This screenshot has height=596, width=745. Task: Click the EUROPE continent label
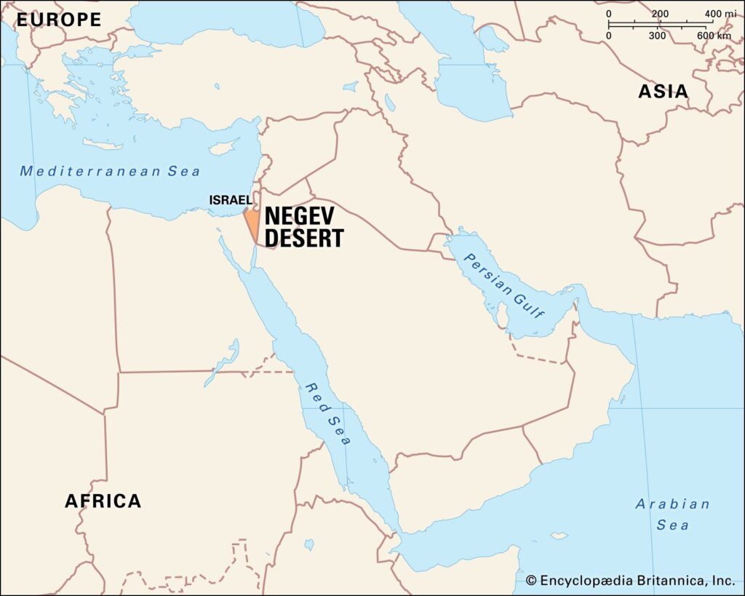(x=59, y=20)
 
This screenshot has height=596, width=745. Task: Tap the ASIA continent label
(x=663, y=92)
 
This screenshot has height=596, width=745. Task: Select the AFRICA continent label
(x=103, y=501)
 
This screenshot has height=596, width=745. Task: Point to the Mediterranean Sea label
(x=110, y=172)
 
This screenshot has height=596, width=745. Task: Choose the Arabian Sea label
(x=662, y=514)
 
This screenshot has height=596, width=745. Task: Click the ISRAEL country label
(x=230, y=199)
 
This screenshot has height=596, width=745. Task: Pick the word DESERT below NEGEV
(x=303, y=238)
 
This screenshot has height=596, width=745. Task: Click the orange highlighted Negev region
(x=251, y=221)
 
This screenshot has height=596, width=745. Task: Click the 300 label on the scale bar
(x=657, y=36)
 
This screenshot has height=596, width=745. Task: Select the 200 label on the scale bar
(x=659, y=14)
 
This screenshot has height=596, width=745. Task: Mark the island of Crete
(x=103, y=144)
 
